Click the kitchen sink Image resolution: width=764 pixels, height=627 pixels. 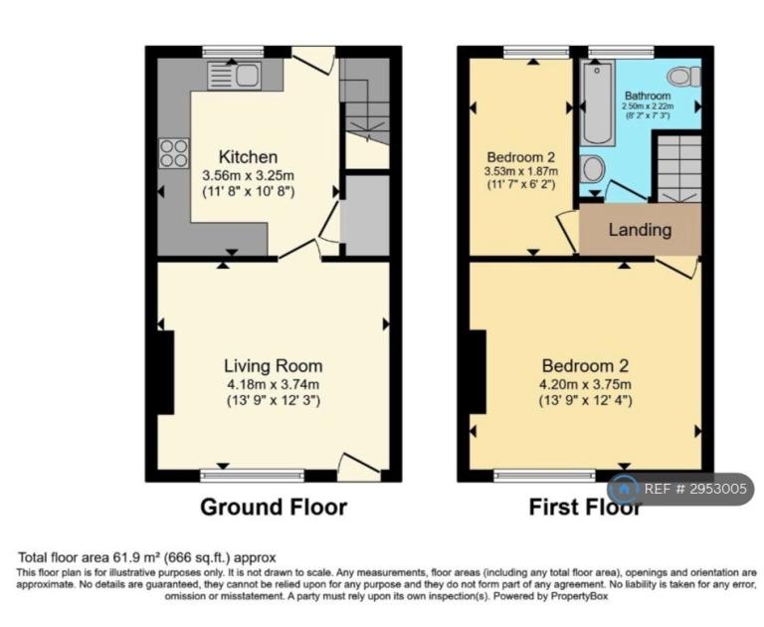pyautogui.click(x=234, y=76)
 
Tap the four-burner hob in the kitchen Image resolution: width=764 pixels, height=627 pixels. pyautogui.click(x=174, y=153)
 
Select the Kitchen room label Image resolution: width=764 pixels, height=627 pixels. pyautogui.click(x=248, y=157)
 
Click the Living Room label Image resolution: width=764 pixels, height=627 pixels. pyautogui.click(x=273, y=365)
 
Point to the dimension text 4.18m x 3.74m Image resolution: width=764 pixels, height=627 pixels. pyautogui.click(x=273, y=384)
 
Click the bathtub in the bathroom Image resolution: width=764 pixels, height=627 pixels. pyautogui.click(x=598, y=103)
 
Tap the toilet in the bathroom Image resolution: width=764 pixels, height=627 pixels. pyautogui.click(x=684, y=77)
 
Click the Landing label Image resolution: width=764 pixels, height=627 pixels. pyautogui.click(x=640, y=230)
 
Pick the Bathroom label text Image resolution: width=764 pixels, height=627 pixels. pyautogui.click(x=648, y=96)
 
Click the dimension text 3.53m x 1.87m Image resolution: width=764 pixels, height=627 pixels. pyautogui.click(x=521, y=171)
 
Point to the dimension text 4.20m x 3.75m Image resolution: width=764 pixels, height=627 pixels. pyautogui.click(x=585, y=384)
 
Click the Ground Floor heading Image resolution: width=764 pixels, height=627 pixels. pyautogui.click(x=274, y=507)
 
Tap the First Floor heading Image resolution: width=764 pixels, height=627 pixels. pyautogui.click(x=585, y=507)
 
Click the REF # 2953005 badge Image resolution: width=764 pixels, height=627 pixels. pyautogui.click(x=680, y=489)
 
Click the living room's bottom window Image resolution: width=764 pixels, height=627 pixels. pyautogui.click(x=253, y=476)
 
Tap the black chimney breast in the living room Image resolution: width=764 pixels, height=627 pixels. pyautogui.click(x=166, y=372)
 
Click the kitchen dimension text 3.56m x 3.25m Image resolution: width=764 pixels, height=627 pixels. pyautogui.click(x=248, y=175)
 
